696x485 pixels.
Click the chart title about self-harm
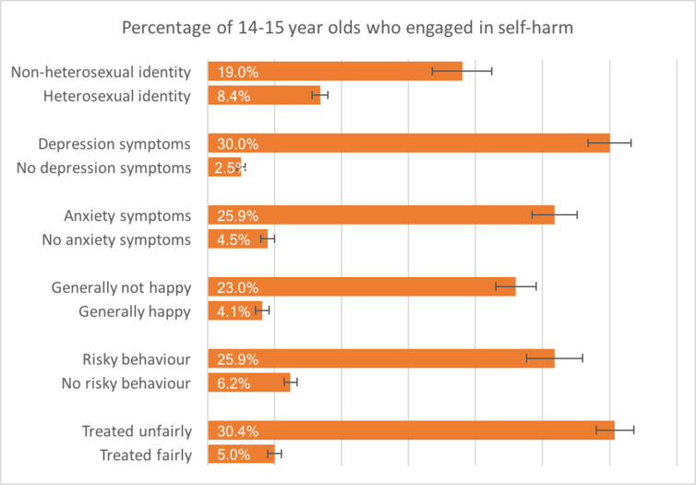pos(347,27)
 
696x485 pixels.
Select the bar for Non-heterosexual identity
pos(334,71)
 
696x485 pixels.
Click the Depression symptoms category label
pos(114,143)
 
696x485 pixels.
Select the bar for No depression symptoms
pos(224,167)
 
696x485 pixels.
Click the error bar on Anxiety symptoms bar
pos(554,215)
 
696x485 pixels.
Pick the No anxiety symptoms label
pos(116,239)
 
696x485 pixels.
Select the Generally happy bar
pos(234,311)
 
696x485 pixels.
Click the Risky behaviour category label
pos(136,359)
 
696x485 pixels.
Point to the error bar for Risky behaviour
pos(554,359)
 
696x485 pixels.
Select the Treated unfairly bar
pos(411,430)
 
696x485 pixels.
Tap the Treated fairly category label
pos(145,455)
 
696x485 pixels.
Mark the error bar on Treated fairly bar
pos(274,455)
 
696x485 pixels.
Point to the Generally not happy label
pos(121,287)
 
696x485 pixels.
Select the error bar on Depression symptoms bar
pos(609,143)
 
